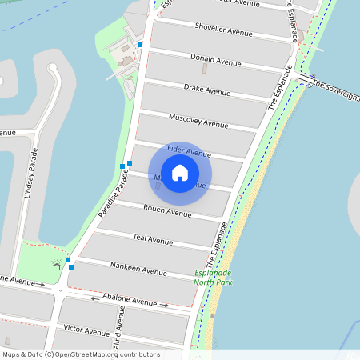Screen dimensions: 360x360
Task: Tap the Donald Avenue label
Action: click(x=215, y=61)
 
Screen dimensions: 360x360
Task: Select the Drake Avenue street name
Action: click(x=206, y=91)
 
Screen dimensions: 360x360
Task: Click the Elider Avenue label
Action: click(x=189, y=152)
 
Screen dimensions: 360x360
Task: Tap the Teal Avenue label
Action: click(x=153, y=240)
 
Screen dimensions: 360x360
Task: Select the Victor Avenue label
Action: click(x=86, y=330)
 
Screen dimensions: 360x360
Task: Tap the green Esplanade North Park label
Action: click(x=214, y=277)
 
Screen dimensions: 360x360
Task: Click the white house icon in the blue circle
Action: click(x=180, y=173)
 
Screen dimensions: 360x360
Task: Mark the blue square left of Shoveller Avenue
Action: click(x=140, y=45)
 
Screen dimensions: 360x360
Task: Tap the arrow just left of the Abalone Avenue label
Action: click(x=94, y=298)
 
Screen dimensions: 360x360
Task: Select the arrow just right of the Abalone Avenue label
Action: click(x=166, y=306)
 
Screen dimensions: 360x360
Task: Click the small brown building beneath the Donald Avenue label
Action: click(x=202, y=69)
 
